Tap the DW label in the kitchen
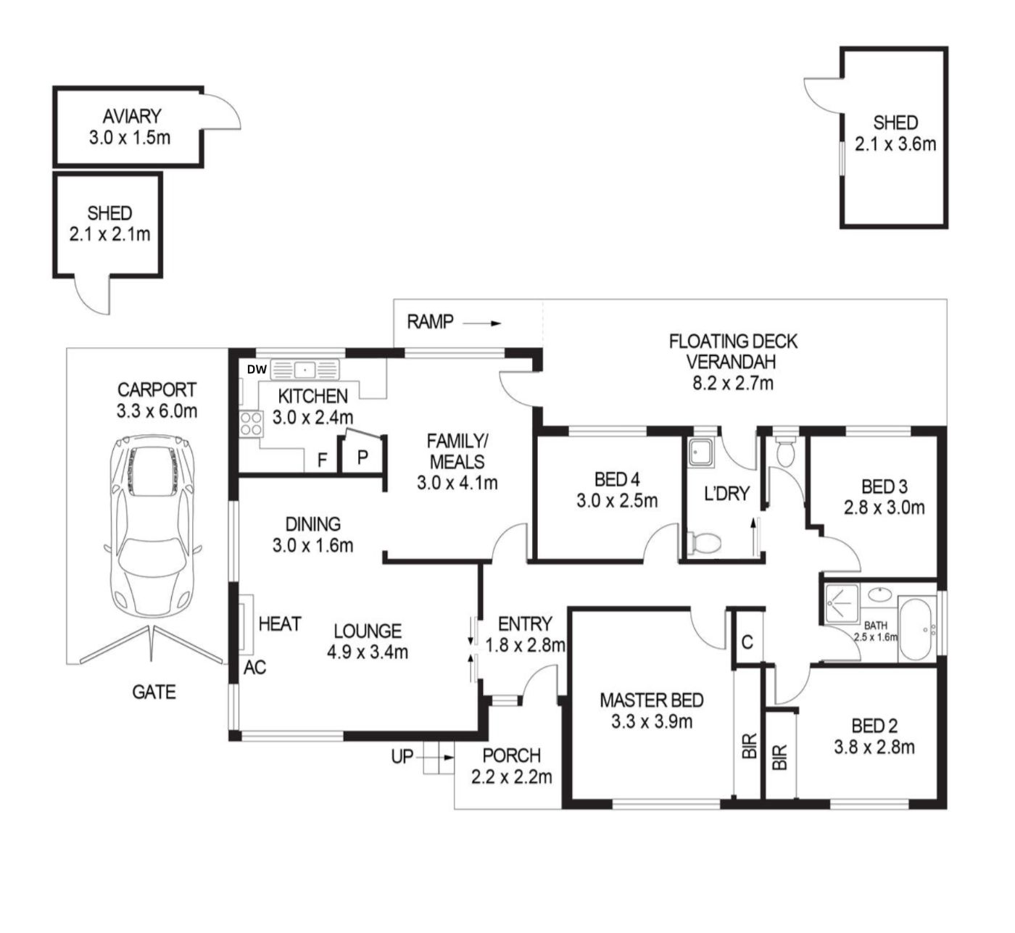(257, 370)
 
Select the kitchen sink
(304, 370)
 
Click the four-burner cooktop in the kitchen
(251, 424)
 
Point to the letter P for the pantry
(362, 457)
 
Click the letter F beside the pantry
(323, 460)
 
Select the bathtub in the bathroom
(916, 629)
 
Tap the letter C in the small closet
(747, 642)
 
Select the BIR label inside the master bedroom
(750, 746)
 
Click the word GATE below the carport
(154, 692)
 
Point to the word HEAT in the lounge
(280, 624)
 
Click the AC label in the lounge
(254, 668)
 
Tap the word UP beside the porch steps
(402, 757)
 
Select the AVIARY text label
(132, 117)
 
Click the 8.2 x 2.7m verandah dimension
(733, 383)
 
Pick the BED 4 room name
(617, 478)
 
